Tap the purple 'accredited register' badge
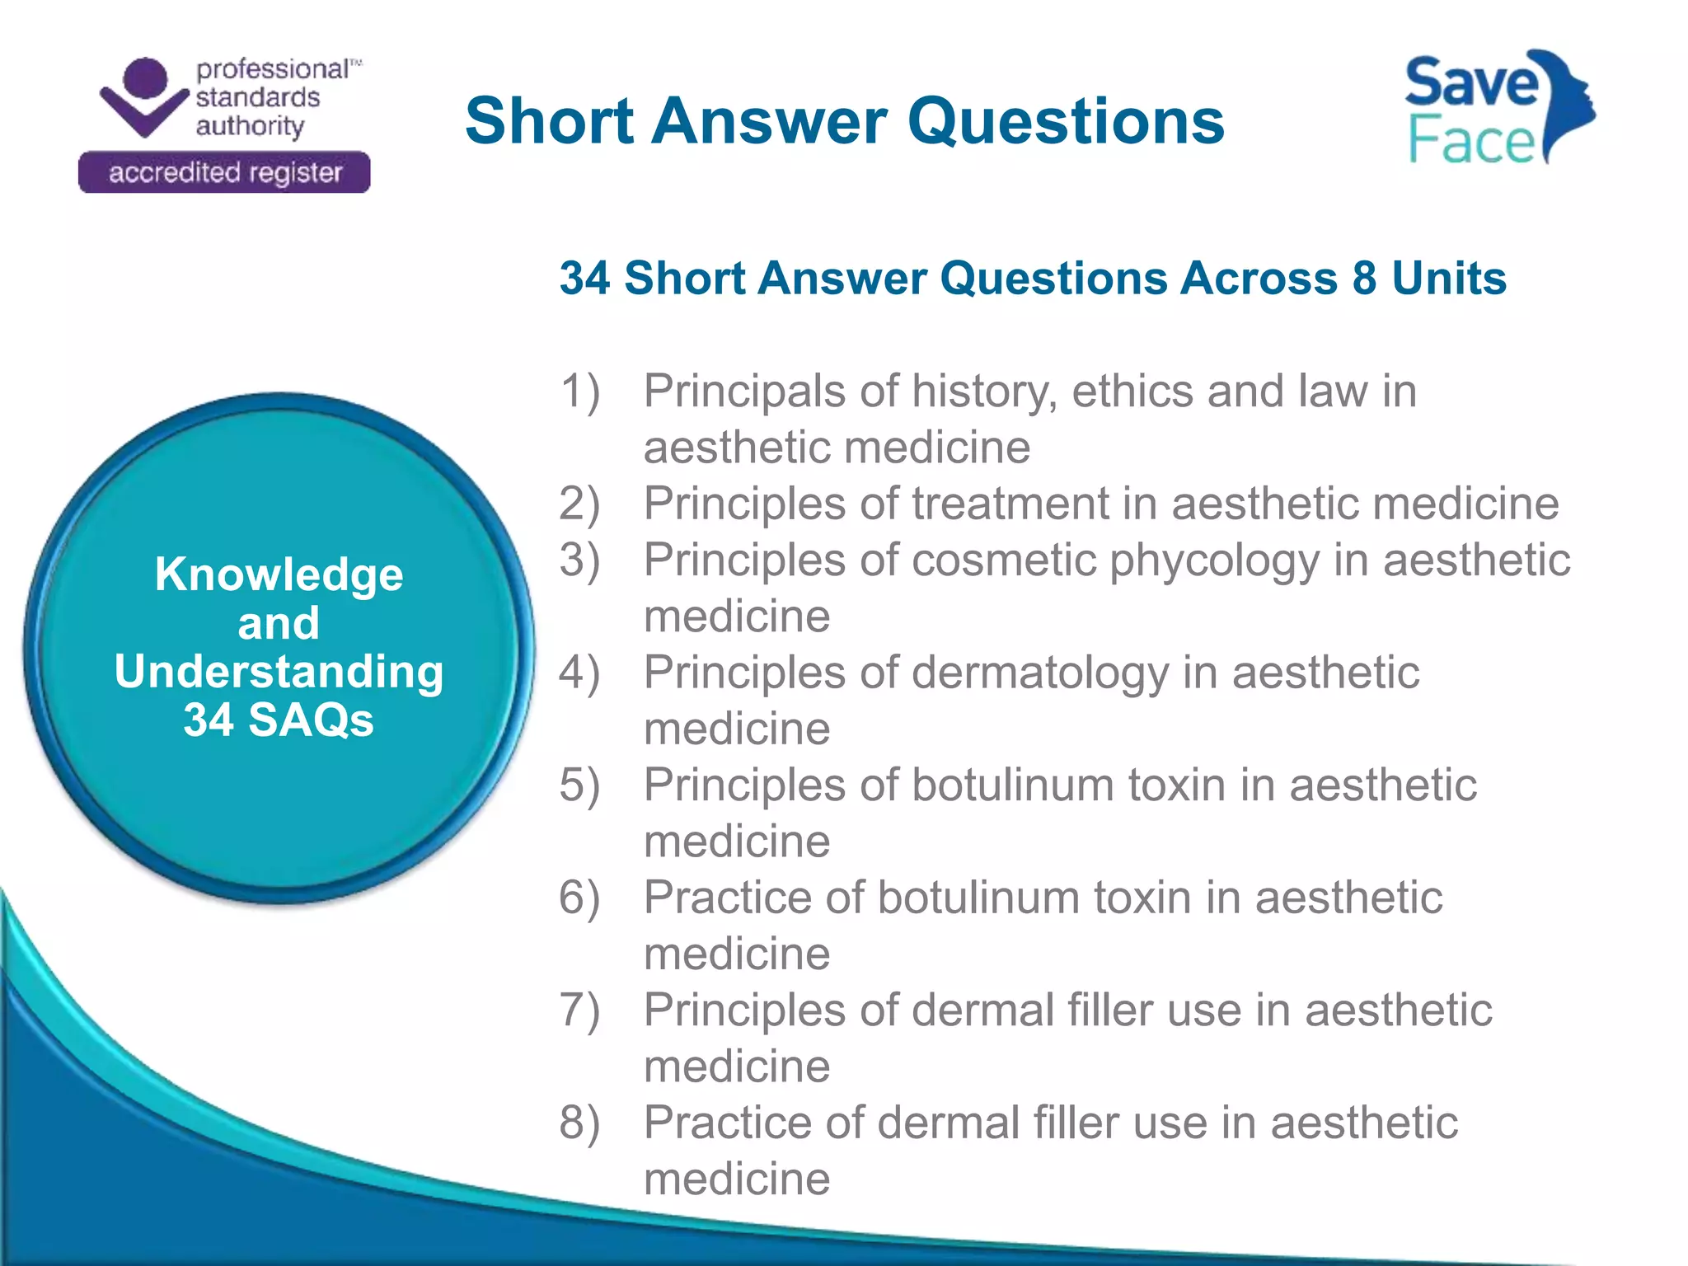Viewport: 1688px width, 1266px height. tap(224, 172)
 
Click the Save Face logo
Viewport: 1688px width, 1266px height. tap(1498, 108)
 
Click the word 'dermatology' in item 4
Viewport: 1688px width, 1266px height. tap(1040, 673)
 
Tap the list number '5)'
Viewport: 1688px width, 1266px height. tap(579, 785)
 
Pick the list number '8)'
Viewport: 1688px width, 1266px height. tap(579, 1123)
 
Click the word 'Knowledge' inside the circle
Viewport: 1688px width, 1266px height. tap(279, 574)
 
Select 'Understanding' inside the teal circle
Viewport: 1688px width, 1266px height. tap(279, 671)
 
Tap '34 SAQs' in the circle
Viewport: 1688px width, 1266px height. tap(279, 720)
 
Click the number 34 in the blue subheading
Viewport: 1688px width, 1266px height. tap(584, 278)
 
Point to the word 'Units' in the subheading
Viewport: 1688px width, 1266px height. tap(1449, 278)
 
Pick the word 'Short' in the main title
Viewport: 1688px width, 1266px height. tap(549, 122)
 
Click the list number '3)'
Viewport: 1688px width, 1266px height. tap(579, 560)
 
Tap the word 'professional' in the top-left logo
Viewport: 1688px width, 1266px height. tap(273, 69)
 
